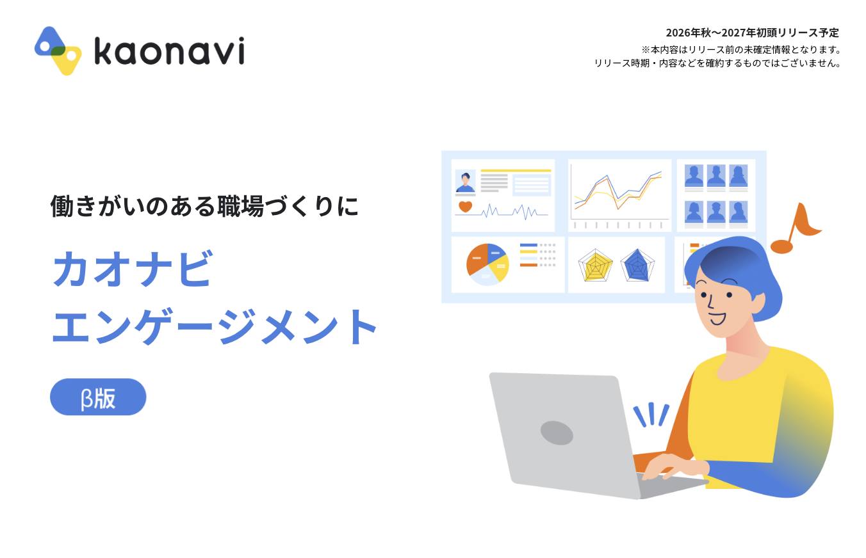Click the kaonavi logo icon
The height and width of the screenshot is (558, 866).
point(58,51)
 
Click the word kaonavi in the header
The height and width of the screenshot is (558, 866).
point(169,51)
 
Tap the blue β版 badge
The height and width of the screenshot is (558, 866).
point(98,397)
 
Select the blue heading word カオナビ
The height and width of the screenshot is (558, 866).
point(133,268)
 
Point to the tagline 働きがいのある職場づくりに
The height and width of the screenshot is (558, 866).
point(205,206)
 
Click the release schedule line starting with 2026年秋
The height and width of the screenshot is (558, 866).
point(753,33)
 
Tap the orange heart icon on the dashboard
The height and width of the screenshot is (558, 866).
point(465,207)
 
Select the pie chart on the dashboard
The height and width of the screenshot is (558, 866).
point(487,264)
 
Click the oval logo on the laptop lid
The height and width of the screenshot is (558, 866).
point(557,433)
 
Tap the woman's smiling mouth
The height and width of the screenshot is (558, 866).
point(718,319)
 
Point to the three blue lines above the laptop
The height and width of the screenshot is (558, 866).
point(651,415)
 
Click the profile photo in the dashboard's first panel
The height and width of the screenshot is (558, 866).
point(466,180)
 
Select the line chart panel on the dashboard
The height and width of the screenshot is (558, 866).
point(620,195)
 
